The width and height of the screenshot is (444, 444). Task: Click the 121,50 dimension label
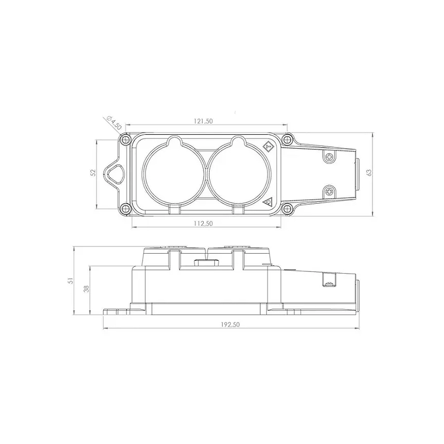point(203,121)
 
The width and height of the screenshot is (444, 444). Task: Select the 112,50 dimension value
point(203,224)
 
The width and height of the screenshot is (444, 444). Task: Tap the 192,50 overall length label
point(230,325)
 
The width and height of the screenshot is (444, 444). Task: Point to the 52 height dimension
point(93,173)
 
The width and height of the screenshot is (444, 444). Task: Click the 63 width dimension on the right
point(369,173)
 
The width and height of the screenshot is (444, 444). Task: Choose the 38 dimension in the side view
point(87,289)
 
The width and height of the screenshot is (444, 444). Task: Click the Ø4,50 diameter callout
point(114,123)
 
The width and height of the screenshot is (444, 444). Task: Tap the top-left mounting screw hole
point(124,139)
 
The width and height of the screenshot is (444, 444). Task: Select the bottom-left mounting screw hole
point(124,209)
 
